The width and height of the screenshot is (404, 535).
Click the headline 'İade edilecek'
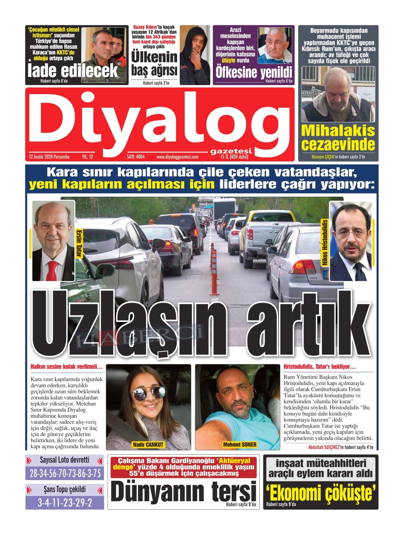point(73,71)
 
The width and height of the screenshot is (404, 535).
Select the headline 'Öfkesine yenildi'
point(254,73)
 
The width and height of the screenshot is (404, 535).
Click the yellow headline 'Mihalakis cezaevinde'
point(338,138)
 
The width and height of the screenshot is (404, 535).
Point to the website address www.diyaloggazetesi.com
point(177,157)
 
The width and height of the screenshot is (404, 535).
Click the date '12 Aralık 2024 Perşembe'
point(49,157)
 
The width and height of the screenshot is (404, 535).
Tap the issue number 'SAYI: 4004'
point(136,157)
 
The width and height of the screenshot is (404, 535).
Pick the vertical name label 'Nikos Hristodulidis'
point(325,242)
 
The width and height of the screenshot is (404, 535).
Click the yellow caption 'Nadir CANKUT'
point(148,445)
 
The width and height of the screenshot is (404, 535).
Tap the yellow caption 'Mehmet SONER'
point(240,445)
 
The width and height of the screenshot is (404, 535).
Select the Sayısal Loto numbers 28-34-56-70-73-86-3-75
point(65,473)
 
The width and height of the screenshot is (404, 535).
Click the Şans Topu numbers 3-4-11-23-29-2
point(65,503)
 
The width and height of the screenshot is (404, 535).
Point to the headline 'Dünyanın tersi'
point(183,491)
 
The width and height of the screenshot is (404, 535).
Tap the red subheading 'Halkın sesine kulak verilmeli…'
point(67,367)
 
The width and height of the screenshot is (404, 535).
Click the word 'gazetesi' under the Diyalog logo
point(231,151)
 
